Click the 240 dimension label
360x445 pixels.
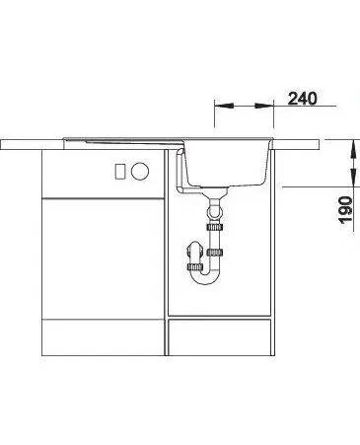tap(303, 99)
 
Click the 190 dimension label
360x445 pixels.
tap(346, 210)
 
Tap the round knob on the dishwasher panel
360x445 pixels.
tap(140, 171)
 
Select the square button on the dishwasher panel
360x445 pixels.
tap(119, 171)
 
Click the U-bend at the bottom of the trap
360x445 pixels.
tap(205, 277)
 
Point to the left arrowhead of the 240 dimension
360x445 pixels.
tap(224, 106)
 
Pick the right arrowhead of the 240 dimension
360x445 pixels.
tap(264, 106)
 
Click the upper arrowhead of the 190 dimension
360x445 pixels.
tap(353, 149)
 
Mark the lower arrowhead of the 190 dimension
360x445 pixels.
tap(353, 178)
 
